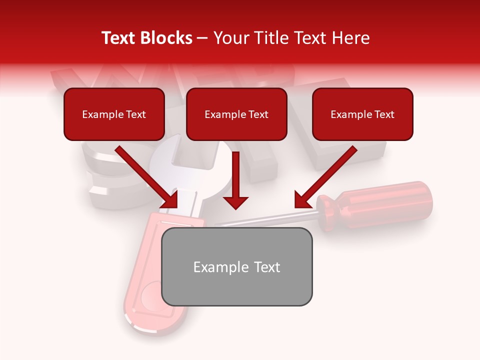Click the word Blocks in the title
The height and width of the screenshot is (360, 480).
tap(166, 38)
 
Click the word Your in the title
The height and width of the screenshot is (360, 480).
tap(230, 38)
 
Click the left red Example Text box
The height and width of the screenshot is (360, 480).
tap(114, 114)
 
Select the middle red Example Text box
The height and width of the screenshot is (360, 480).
tap(236, 114)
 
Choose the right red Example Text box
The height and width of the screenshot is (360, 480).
tap(362, 114)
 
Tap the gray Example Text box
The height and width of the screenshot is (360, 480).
tap(236, 266)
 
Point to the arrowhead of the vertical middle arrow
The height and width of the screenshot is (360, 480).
tap(235, 202)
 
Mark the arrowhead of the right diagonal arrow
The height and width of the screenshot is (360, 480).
tap(302, 200)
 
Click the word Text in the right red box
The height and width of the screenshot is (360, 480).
tap(384, 114)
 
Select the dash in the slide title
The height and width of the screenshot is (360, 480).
tap(203, 38)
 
